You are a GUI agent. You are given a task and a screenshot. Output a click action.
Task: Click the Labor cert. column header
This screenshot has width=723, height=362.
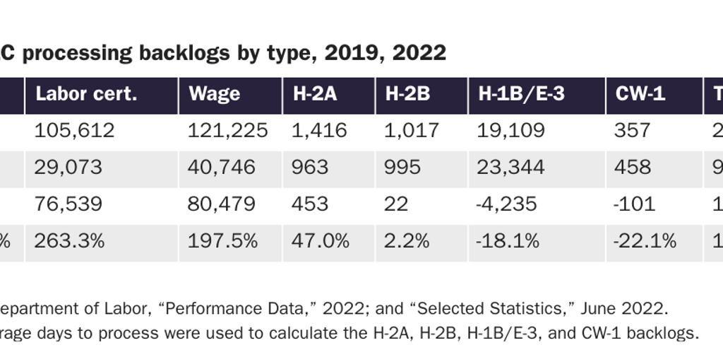click(x=86, y=95)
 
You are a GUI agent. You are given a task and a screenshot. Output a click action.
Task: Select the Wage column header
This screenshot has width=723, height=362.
click(x=214, y=95)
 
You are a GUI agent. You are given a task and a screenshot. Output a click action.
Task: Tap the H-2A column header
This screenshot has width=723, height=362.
click(x=315, y=95)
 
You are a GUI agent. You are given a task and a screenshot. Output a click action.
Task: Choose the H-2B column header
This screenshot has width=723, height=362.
click(x=407, y=95)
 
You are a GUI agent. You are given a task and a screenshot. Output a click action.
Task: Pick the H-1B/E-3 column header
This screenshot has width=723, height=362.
click(x=521, y=95)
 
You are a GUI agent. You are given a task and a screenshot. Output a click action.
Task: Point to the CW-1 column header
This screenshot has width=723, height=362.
click(x=640, y=95)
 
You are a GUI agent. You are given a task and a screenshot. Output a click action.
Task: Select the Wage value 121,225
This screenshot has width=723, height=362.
click(x=227, y=131)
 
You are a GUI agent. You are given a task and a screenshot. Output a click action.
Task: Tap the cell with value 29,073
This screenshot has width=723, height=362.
click(x=68, y=168)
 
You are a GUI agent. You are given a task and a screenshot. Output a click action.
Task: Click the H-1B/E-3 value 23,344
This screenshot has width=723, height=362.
click(x=511, y=168)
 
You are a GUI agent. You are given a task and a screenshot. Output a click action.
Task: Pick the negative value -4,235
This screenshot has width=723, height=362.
click(x=506, y=204)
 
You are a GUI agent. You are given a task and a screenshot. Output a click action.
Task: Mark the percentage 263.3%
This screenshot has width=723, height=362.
click(x=69, y=241)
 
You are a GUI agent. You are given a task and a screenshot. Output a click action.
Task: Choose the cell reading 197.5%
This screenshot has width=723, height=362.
click(x=222, y=241)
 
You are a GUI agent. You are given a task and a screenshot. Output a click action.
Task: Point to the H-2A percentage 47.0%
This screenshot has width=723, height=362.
click(x=320, y=241)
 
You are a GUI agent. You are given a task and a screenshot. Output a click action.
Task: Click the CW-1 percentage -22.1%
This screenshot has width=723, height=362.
click(x=645, y=241)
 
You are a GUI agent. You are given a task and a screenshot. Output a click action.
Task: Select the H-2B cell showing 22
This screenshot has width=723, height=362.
click(x=396, y=204)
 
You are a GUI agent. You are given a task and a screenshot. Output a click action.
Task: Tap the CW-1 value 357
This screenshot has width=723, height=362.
click(x=632, y=131)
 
